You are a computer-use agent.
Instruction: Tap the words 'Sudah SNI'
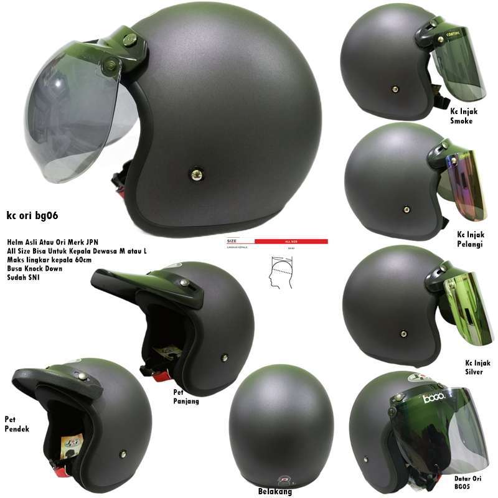pos(23,278)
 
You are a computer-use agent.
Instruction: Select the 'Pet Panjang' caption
pos(186,397)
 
